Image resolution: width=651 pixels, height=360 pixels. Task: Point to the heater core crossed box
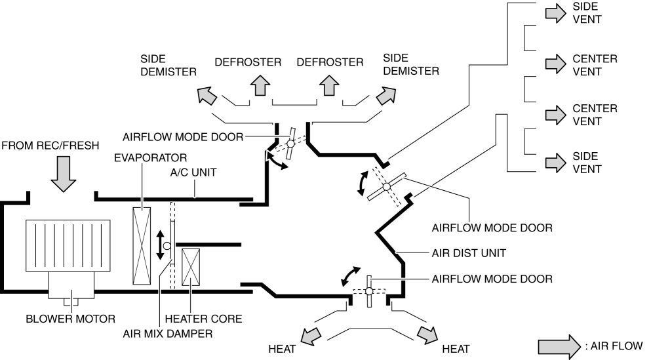tap(191, 268)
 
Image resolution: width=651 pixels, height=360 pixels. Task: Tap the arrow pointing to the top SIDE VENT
tap(555, 14)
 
